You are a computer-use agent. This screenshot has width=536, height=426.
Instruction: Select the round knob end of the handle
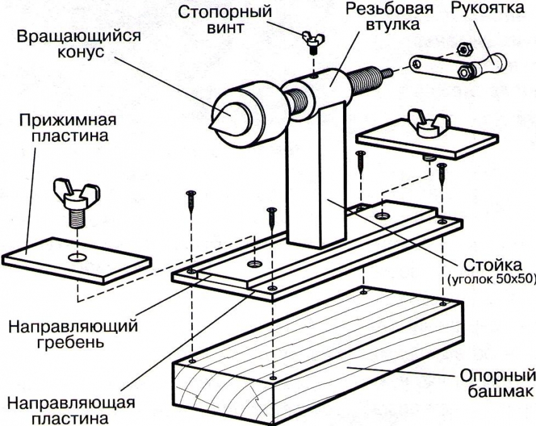(499, 62)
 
